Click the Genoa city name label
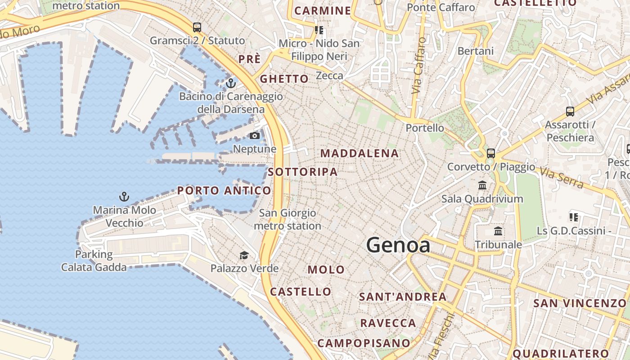pyautogui.click(x=398, y=245)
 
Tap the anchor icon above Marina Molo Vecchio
pyautogui.click(x=124, y=197)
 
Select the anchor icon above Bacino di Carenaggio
pyautogui.click(x=231, y=83)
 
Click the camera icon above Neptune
pyautogui.click(x=255, y=135)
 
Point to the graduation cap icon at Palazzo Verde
pyautogui.click(x=244, y=256)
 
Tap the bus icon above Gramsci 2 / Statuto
pyautogui.click(x=197, y=27)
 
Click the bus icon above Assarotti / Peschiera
pyautogui.click(x=570, y=111)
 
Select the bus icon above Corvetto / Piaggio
pyautogui.click(x=490, y=153)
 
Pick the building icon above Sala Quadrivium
pyautogui.click(x=482, y=185)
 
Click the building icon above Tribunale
pyautogui.click(x=498, y=231)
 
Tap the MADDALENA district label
pyautogui.click(x=360, y=153)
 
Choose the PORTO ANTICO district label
pyautogui.click(x=224, y=190)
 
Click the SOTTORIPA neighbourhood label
pyautogui.click(x=302, y=172)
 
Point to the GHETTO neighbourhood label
pyautogui.click(x=284, y=79)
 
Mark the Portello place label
pyautogui.click(x=425, y=128)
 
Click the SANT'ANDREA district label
pyautogui.click(x=403, y=297)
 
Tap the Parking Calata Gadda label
pyautogui.click(x=94, y=261)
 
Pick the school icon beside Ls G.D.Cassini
pyautogui.click(x=574, y=217)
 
